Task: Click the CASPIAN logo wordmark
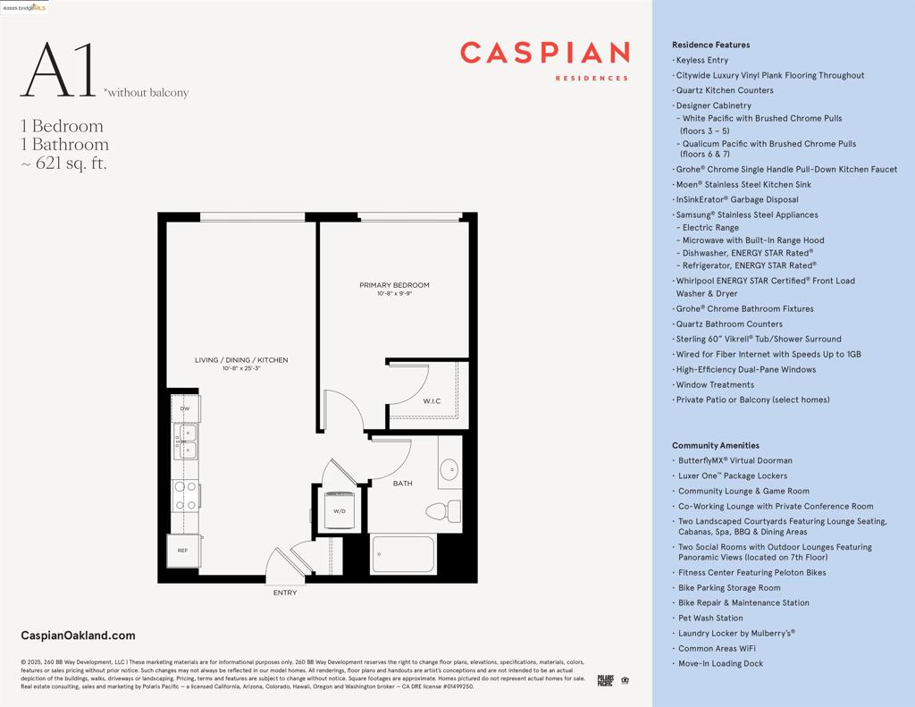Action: (x=544, y=54)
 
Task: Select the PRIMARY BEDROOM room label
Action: (x=394, y=285)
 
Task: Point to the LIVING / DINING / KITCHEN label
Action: (x=241, y=360)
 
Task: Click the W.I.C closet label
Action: (x=432, y=401)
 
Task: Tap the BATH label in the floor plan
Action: (x=402, y=484)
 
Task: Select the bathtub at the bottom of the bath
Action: (x=403, y=553)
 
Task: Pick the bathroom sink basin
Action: (x=449, y=467)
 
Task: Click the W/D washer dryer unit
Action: (x=340, y=510)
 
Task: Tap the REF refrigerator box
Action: (x=183, y=550)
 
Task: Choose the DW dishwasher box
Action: (x=185, y=408)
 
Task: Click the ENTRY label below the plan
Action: (x=285, y=593)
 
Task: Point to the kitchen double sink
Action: (x=188, y=442)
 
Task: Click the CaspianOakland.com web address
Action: (x=78, y=635)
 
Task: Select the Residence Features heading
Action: (x=710, y=45)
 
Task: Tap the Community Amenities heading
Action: (x=715, y=445)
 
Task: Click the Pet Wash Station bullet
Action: (x=710, y=618)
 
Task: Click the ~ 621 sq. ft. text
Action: (x=63, y=164)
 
